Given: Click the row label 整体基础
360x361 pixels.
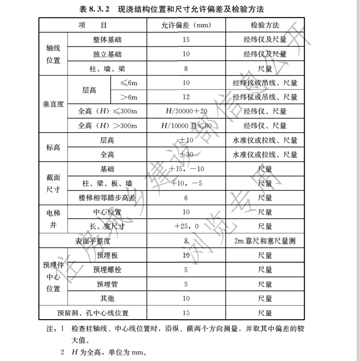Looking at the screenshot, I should (x=107, y=40).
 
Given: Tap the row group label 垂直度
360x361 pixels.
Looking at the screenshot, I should (x=53, y=104).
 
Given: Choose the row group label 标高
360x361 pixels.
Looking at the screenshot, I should (x=53, y=147).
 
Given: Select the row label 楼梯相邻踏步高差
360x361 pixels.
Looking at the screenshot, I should (x=107, y=198).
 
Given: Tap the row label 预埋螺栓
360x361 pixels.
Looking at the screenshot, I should (x=107, y=270).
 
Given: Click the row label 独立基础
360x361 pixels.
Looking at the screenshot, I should (x=107, y=54).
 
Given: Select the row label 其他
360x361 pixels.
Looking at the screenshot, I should (x=107, y=299).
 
